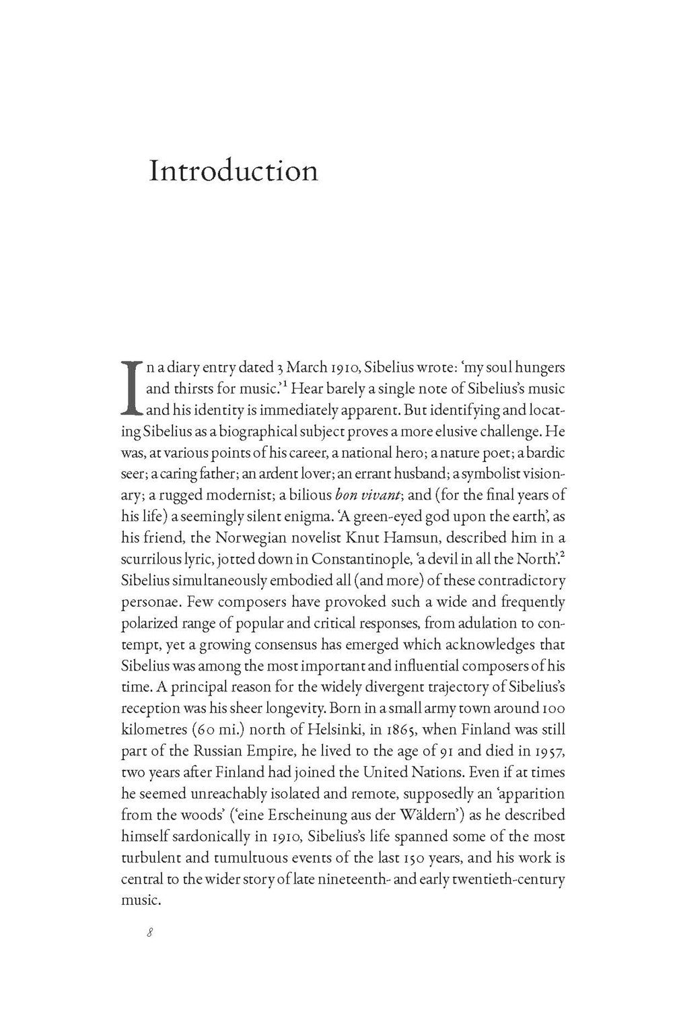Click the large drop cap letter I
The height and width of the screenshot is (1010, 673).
pyautogui.click(x=131, y=386)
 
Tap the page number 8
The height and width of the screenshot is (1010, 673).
pyautogui.click(x=151, y=933)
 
